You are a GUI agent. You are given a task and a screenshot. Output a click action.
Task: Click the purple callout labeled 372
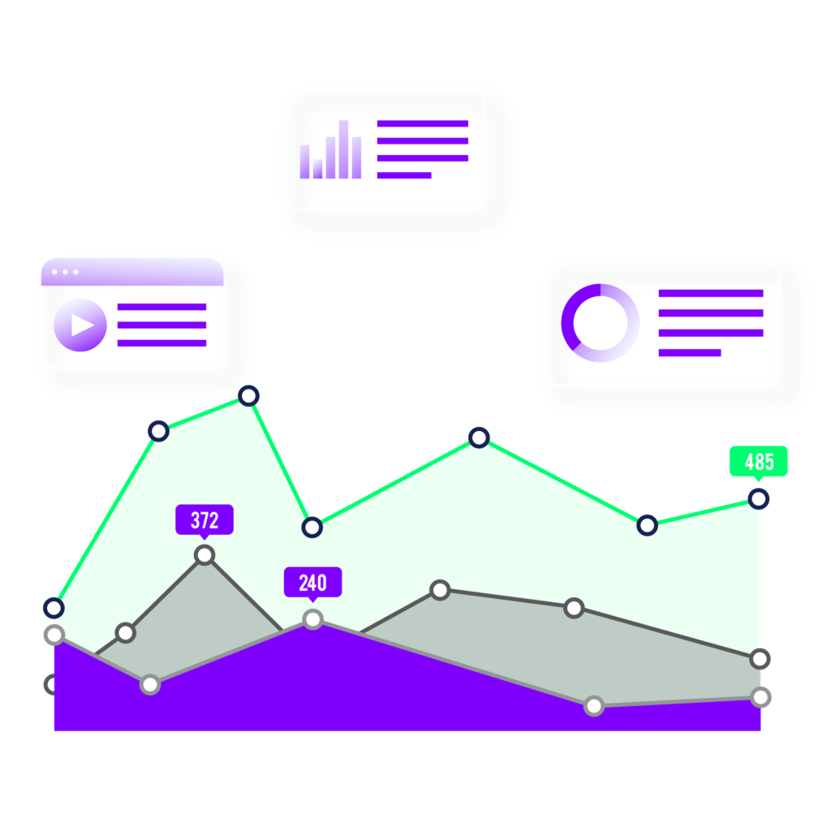click(x=205, y=519)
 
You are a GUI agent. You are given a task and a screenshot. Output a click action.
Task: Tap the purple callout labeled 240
click(x=312, y=582)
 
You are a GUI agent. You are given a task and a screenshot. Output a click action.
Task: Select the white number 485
click(x=760, y=463)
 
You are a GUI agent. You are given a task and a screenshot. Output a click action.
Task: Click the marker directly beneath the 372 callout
click(x=205, y=555)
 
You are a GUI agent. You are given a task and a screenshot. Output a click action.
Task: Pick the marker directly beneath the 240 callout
click(x=312, y=619)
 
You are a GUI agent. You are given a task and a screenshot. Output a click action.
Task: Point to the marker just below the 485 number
click(x=758, y=498)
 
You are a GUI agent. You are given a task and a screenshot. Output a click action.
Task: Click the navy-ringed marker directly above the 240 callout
click(x=312, y=527)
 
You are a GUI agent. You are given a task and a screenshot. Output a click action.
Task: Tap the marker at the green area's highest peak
click(x=248, y=396)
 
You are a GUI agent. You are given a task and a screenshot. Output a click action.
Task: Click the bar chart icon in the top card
click(x=330, y=151)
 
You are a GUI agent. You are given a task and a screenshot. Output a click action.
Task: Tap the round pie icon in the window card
click(x=80, y=325)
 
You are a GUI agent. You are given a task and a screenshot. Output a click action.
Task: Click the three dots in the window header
click(x=65, y=272)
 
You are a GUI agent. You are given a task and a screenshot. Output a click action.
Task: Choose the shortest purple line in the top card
click(x=396, y=175)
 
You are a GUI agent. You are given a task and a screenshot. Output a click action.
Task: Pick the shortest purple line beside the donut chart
click(x=675, y=352)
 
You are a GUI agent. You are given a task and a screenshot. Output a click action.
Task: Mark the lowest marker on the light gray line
click(x=594, y=706)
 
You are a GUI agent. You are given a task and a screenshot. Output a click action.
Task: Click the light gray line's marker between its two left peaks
click(x=150, y=684)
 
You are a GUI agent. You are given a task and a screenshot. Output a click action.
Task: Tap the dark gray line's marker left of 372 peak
click(x=125, y=632)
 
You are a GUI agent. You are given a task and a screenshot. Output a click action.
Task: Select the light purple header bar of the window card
click(x=132, y=273)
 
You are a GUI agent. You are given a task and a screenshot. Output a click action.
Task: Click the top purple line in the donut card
click(x=711, y=293)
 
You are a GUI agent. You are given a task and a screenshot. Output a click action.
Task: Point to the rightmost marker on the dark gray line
click(x=760, y=658)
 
